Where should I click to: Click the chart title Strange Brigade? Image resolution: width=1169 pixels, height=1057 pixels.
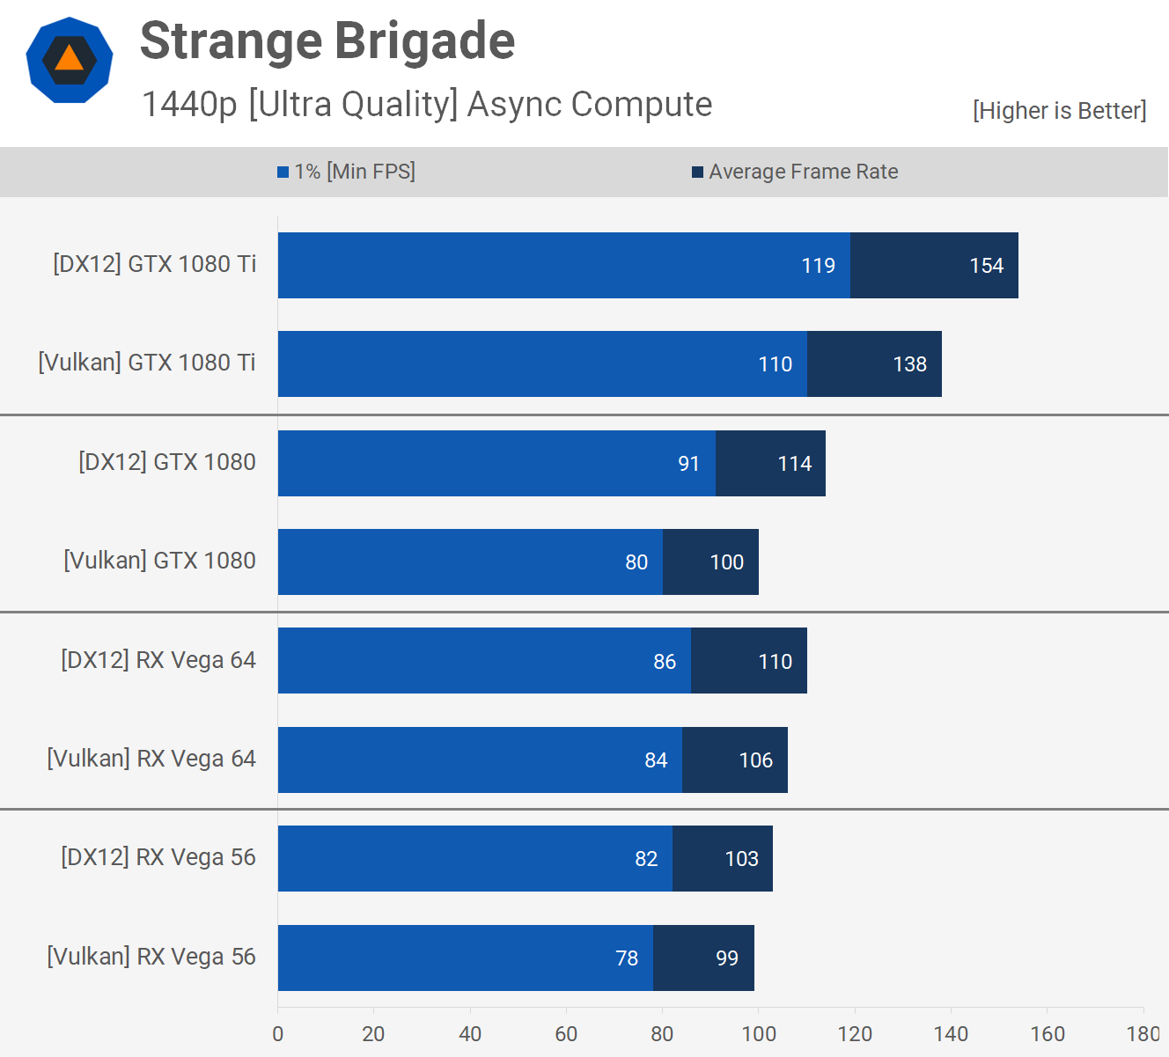click(327, 41)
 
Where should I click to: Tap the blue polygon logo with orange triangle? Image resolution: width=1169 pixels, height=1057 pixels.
click(70, 60)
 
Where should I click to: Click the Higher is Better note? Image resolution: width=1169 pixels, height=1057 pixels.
click(1059, 111)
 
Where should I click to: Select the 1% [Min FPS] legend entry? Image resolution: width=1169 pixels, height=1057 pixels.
click(346, 172)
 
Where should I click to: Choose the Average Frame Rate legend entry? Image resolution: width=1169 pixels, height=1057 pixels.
click(795, 172)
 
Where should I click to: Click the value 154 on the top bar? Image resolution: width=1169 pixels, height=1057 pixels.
click(986, 266)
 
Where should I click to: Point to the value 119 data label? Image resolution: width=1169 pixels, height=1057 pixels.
click(818, 266)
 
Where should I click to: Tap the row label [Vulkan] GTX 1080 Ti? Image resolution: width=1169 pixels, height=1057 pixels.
click(147, 363)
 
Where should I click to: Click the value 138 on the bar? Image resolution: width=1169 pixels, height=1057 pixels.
click(909, 364)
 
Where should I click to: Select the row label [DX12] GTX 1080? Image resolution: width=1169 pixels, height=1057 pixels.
click(167, 462)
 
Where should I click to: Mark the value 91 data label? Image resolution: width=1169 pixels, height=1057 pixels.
click(688, 464)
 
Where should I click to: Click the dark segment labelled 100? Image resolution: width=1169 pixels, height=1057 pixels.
click(710, 562)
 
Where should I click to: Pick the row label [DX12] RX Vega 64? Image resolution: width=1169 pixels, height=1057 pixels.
click(158, 660)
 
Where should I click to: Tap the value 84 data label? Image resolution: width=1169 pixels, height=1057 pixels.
click(656, 760)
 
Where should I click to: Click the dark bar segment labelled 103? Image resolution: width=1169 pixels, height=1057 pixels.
click(723, 859)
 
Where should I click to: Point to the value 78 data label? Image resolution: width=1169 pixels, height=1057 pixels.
click(627, 958)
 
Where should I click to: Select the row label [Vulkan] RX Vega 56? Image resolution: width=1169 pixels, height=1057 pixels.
click(151, 957)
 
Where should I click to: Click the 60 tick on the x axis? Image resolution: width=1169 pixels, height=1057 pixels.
click(566, 1034)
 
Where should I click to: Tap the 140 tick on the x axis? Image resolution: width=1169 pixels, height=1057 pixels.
click(951, 1034)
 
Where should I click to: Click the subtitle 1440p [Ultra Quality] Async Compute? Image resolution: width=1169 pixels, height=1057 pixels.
click(427, 105)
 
